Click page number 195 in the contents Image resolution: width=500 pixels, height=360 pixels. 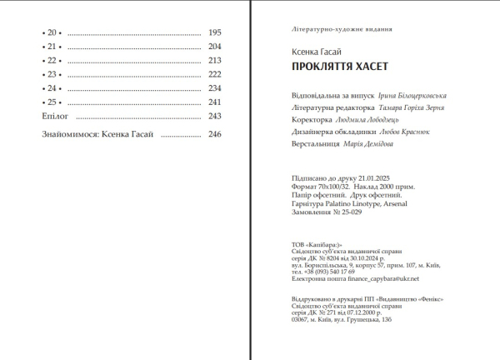tap(215, 32)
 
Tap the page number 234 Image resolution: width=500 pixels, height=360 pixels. tap(215, 87)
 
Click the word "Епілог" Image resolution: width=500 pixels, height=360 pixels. tap(54, 116)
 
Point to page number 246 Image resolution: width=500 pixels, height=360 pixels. tap(215, 133)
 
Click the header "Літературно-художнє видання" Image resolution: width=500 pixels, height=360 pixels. tap(337, 28)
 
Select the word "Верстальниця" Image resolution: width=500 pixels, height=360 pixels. tap(312, 143)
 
